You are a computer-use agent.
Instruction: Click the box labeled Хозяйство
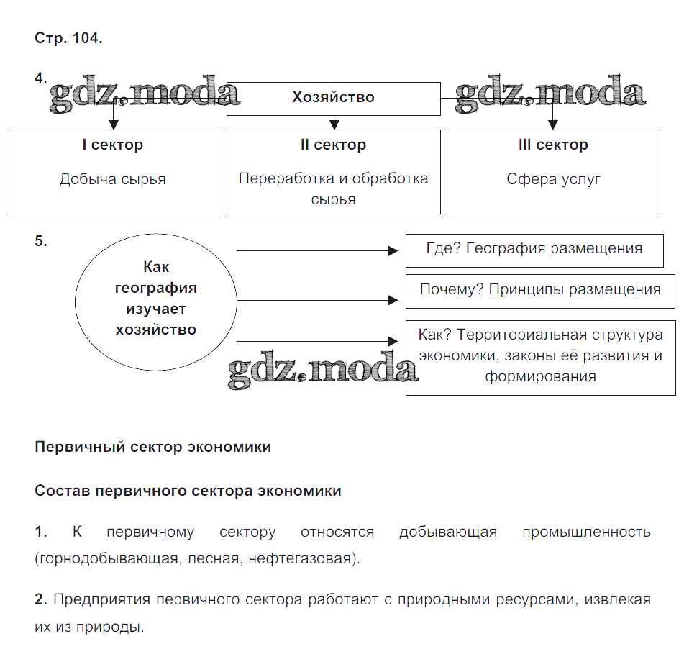333,98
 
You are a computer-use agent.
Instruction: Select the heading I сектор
112,145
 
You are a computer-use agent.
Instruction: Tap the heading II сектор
333,145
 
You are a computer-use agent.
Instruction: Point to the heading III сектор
553,145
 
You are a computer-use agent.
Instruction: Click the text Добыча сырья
112,179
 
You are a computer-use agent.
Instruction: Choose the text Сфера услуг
553,179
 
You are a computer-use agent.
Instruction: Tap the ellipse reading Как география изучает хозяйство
155,299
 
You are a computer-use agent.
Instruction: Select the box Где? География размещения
534,249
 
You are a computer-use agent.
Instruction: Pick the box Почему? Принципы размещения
540,290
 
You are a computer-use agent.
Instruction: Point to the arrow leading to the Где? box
316,250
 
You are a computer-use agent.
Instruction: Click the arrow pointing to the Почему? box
316,301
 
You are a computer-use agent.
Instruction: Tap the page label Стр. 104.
68,39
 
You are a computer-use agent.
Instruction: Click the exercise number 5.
40,242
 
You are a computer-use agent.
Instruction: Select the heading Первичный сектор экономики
152,447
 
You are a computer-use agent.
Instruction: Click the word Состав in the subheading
61,491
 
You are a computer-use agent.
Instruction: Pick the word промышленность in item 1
586,532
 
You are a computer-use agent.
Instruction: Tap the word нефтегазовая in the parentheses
301,558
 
